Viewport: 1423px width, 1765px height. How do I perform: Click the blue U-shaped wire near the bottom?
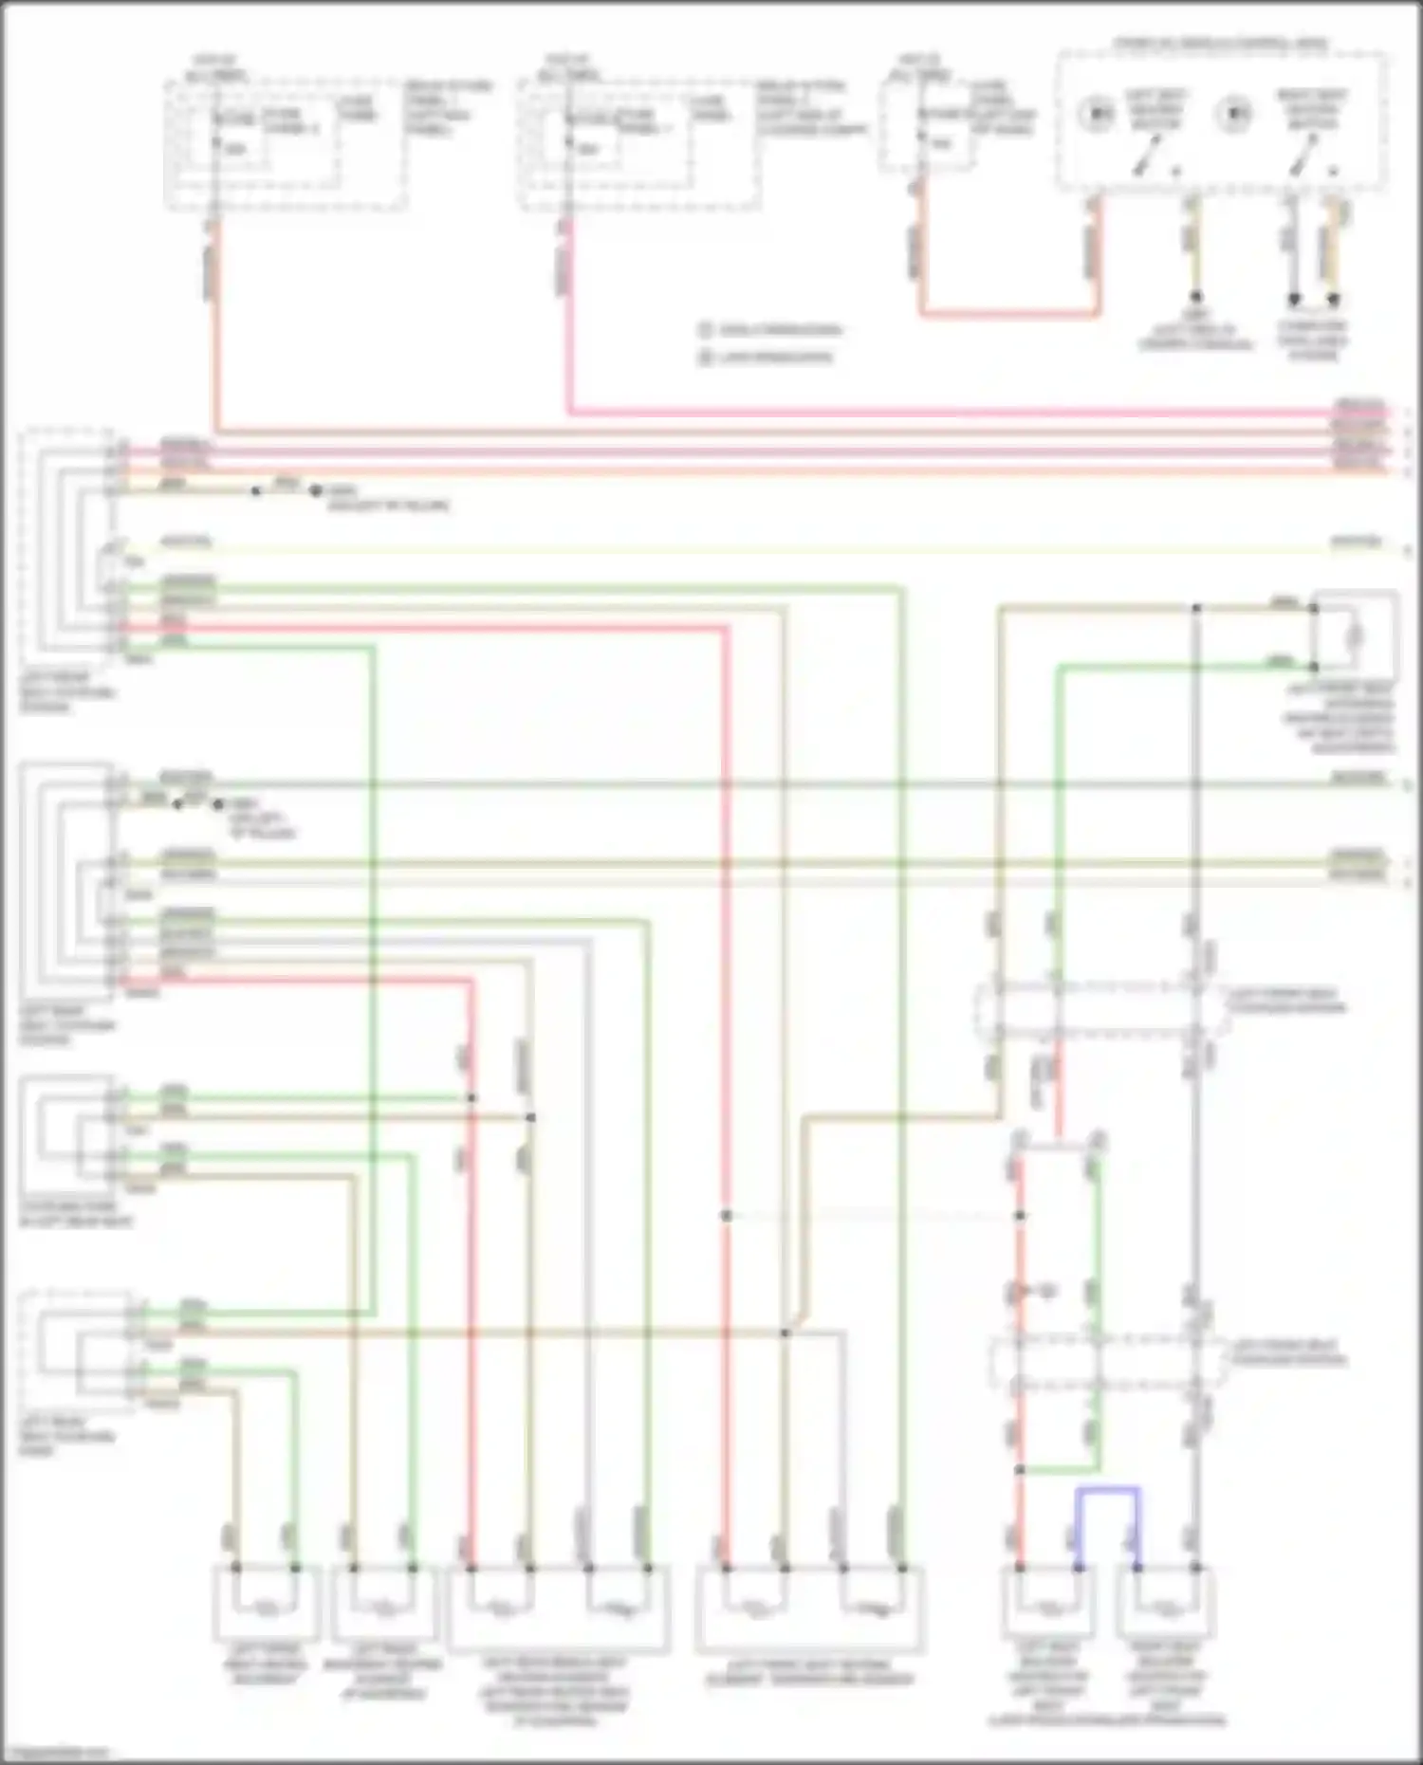(1107, 1490)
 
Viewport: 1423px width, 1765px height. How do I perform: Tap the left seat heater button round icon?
(1099, 113)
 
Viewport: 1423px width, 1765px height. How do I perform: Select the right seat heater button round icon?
(1233, 113)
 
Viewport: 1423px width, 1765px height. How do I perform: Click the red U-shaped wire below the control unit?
(1010, 312)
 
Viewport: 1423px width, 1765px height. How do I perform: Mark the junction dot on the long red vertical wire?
(726, 1215)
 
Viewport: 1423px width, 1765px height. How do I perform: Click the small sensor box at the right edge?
(1355, 634)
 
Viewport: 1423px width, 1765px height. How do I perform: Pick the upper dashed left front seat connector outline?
(1100, 1010)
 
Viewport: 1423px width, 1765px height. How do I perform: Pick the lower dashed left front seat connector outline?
(1105, 1361)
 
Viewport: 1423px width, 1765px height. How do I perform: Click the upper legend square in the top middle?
(705, 330)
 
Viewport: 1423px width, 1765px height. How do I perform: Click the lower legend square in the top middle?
(705, 358)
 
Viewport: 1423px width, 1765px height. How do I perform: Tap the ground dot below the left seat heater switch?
(1196, 297)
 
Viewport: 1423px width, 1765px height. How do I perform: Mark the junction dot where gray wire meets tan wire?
(785, 1333)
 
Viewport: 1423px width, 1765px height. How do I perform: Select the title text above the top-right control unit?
(1220, 44)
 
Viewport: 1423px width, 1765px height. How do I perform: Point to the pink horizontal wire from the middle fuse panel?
(949, 413)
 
